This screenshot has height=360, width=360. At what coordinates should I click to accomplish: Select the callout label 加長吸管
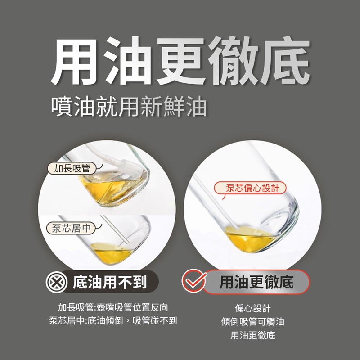(x=72, y=169)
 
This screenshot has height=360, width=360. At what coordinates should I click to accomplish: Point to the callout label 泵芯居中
(x=71, y=228)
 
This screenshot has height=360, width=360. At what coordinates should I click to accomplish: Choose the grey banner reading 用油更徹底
(x=256, y=282)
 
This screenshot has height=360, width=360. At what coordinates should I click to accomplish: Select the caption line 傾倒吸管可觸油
(x=253, y=322)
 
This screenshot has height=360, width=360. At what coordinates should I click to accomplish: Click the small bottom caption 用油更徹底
(x=253, y=335)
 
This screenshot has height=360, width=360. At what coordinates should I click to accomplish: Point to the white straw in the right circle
(x=211, y=202)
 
